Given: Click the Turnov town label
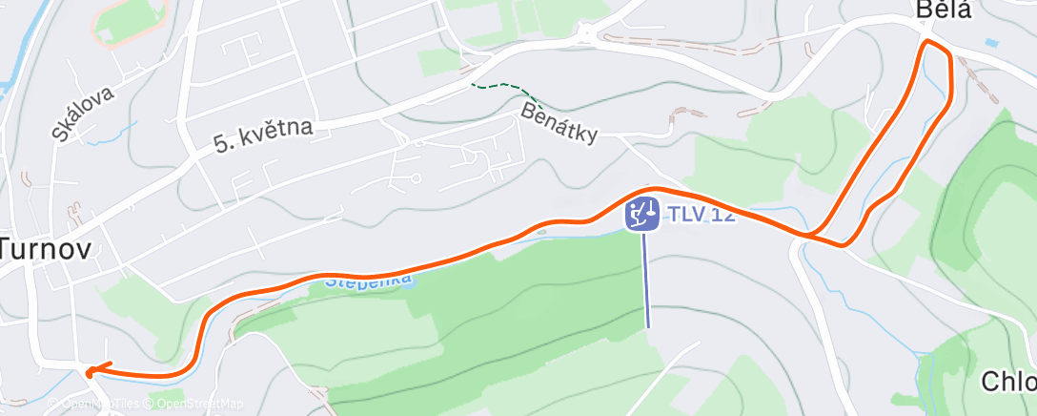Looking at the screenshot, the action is tap(45, 250).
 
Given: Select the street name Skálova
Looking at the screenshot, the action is tap(83, 114).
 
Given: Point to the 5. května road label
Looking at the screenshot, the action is tap(263, 135).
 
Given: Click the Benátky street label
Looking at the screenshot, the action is tap(559, 124).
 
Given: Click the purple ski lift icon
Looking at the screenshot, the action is tap(641, 214).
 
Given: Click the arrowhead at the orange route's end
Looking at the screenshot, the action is tap(91, 371).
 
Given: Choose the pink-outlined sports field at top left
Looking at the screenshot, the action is tap(131, 19).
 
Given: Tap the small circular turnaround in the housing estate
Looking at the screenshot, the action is tap(417, 178).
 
